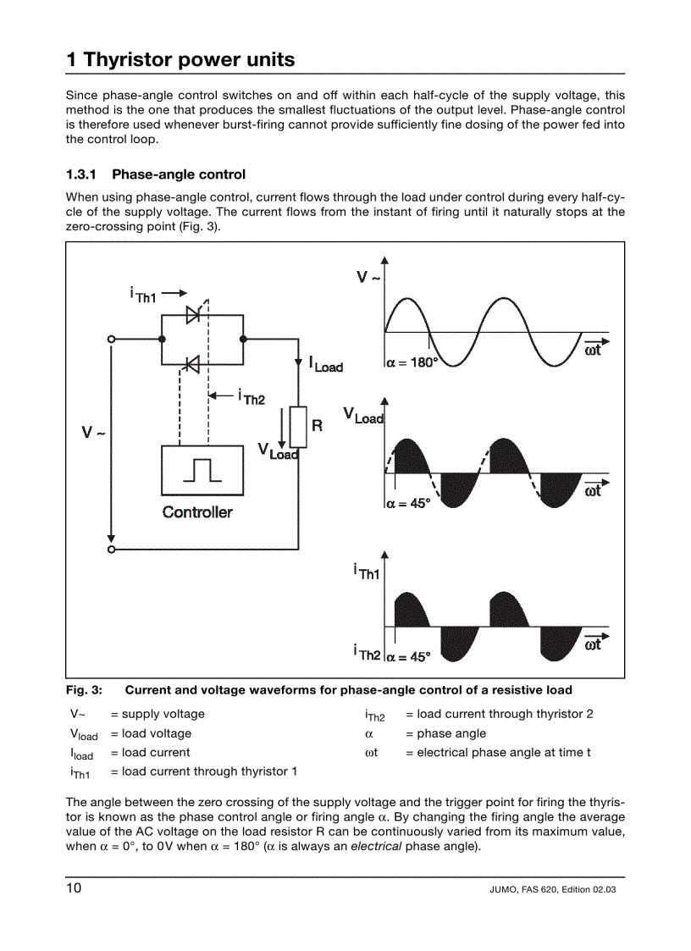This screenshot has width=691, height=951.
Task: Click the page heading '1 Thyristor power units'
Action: click(x=180, y=59)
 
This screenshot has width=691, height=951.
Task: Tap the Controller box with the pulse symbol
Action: click(x=202, y=469)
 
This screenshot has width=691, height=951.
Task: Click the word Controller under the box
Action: click(x=197, y=511)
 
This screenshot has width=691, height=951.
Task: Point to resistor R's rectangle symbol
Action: click(x=298, y=427)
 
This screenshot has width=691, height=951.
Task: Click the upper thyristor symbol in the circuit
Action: click(x=193, y=314)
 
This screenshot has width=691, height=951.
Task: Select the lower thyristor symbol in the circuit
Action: click(x=192, y=364)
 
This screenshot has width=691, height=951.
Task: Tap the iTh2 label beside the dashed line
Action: click(x=252, y=396)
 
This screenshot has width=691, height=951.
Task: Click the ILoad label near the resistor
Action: click(x=326, y=364)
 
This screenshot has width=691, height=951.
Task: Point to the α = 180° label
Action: click(x=412, y=363)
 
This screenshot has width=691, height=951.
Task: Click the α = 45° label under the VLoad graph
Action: click(x=409, y=502)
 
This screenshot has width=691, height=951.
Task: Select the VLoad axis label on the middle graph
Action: click(x=363, y=415)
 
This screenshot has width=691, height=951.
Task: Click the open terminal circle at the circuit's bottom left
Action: click(x=111, y=549)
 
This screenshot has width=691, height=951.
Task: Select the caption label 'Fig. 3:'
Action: click(x=85, y=689)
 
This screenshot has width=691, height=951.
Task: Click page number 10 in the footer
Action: click(x=75, y=888)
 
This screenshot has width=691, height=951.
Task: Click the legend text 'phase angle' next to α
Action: click(x=451, y=733)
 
